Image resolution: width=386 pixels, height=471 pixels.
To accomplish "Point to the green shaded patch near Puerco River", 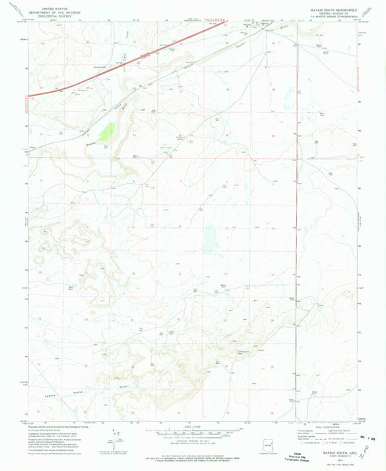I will (108, 132).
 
